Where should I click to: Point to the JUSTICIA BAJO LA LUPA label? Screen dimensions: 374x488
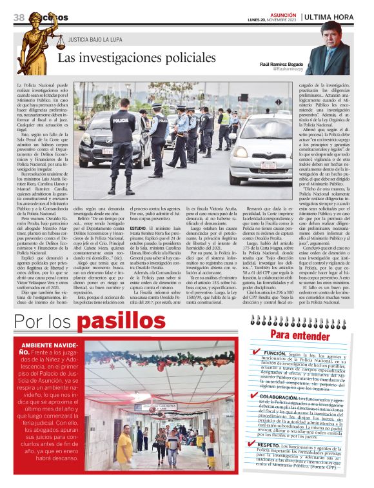click(95, 41)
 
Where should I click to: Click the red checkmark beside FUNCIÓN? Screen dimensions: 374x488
click(257, 353)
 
